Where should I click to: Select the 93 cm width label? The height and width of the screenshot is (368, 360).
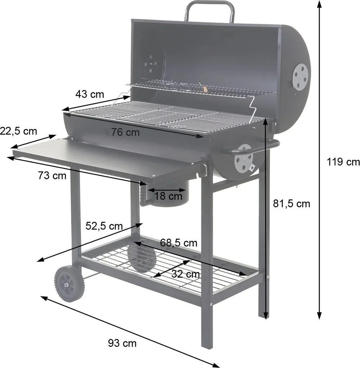tap(122, 343)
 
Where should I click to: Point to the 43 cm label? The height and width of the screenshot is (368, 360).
tap(90, 95)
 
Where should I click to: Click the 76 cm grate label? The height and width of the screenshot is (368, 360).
tap(125, 132)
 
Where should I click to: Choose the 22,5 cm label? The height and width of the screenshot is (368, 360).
tap(18, 131)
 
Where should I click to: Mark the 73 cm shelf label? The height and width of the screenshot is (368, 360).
tap(52, 176)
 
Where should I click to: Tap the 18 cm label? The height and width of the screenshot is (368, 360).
tap(169, 196)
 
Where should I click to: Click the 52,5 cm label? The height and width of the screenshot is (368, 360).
tap(104, 226)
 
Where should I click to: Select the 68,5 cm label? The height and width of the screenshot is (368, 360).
tap(179, 243)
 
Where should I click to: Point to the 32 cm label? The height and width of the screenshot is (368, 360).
tap(186, 274)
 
